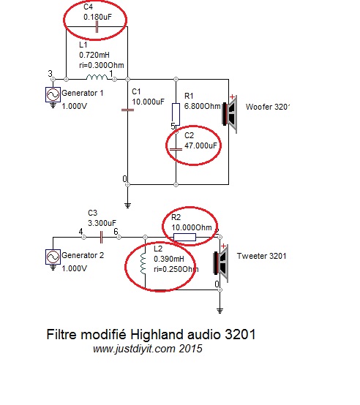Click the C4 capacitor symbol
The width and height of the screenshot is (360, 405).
click(x=97, y=27)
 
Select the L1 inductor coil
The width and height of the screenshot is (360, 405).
click(x=97, y=77)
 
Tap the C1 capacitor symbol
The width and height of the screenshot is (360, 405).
click(x=127, y=110)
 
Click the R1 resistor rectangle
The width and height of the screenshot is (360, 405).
click(x=176, y=115)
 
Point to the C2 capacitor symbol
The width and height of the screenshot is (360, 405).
click(x=176, y=149)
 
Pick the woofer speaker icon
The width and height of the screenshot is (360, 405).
click(x=230, y=114)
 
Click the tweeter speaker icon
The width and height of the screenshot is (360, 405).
click(x=221, y=263)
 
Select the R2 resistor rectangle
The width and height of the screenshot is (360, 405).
click(x=184, y=237)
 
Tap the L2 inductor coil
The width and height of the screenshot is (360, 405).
click(x=143, y=263)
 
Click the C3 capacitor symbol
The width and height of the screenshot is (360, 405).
click(x=101, y=237)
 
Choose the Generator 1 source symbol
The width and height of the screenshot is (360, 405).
click(x=53, y=94)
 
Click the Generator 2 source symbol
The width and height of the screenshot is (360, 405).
click(x=53, y=257)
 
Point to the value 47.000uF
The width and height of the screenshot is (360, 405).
click(x=200, y=145)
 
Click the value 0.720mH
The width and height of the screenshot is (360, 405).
click(x=94, y=55)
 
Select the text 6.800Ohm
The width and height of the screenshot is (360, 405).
click(x=203, y=106)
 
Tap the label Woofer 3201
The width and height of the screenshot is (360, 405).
click(x=267, y=107)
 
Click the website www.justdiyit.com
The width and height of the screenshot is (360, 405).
click(x=134, y=349)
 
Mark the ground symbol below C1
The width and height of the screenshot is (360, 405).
click(x=127, y=205)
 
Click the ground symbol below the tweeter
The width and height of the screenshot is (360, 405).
click(x=220, y=311)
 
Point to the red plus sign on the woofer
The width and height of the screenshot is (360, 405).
click(x=233, y=96)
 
